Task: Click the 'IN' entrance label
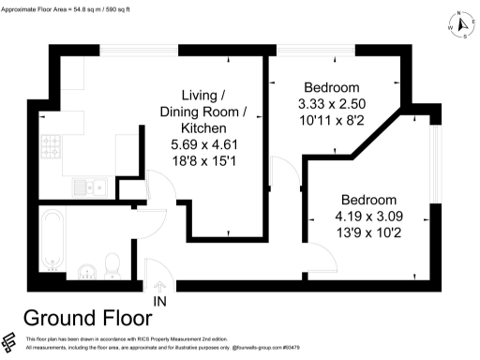tap(160, 300)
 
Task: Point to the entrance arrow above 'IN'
tap(160, 286)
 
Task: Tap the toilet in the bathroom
tap(112, 265)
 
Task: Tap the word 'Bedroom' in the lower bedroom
tap(367, 201)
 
